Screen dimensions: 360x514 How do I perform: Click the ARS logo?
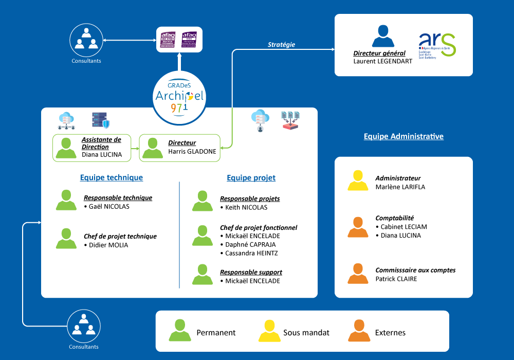(437, 45)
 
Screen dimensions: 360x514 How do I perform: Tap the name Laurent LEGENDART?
(382, 61)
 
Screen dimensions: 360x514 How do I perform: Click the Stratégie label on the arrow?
(281, 45)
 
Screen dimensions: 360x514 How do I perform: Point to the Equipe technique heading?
(112, 178)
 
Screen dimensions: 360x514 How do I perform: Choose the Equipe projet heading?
(251, 178)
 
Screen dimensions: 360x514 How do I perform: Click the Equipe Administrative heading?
(403, 137)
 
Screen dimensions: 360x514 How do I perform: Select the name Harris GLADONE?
(192, 152)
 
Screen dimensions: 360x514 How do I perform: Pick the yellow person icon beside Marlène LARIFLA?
(358, 181)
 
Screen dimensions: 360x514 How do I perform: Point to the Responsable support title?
(251, 273)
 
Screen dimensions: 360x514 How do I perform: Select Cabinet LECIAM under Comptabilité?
(403, 227)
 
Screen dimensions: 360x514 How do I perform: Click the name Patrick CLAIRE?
(396, 279)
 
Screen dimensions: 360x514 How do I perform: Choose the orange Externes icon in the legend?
(358, 331)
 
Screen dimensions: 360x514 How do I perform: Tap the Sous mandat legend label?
(306, 333)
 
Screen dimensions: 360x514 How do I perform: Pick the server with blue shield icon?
(100, 120)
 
